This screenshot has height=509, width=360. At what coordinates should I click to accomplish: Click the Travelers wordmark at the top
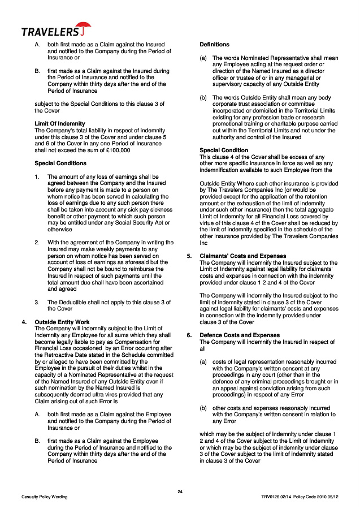click(49, 32)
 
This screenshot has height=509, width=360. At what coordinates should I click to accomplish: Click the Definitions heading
click(214, 44)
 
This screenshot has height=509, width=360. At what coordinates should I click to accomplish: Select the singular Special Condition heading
click(224, 150)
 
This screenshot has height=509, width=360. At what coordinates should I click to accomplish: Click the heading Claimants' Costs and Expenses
click(243, 256)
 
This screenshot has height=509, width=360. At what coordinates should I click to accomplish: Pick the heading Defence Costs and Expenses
click(240, 335)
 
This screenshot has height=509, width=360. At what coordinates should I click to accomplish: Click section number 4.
click(23, 322)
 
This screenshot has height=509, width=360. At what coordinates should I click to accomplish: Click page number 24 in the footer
click(180, 491)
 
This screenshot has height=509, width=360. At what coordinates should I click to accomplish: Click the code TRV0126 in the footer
click(271, 497)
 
